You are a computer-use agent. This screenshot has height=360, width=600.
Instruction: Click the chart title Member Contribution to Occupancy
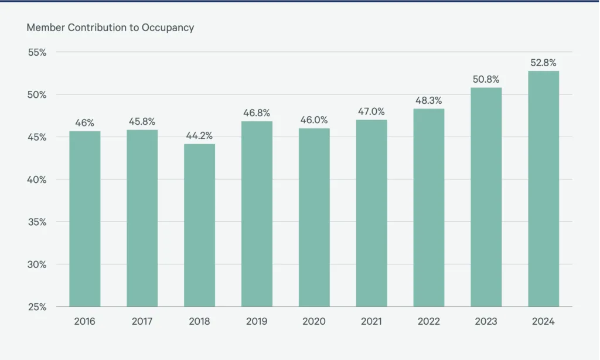110,28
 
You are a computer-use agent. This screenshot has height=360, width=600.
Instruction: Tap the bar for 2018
199,225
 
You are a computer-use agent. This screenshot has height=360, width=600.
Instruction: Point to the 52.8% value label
543,63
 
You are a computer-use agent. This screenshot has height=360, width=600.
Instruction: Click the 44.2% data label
199,135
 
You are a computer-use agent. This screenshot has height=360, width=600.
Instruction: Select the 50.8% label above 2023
486,79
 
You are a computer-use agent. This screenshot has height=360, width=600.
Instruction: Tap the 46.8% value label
257,113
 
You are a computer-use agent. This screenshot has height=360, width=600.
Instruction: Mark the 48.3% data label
429,100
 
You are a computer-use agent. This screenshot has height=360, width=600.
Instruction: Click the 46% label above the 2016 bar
84,123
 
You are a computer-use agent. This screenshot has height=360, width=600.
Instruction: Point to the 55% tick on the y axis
37,52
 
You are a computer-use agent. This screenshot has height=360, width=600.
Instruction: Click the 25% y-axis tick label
37,307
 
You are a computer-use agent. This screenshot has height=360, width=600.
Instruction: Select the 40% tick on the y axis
37,179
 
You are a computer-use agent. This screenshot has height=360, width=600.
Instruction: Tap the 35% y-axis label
37,222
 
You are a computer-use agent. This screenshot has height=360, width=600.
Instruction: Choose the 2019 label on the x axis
257,322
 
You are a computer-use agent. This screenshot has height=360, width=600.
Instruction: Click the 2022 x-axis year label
429,322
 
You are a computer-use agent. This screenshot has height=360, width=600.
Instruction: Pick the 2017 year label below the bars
142,322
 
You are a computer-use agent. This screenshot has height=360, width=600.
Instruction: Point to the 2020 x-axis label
314,322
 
